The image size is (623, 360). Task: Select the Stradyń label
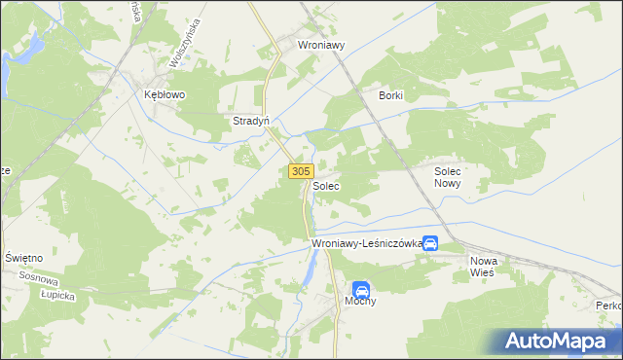250,122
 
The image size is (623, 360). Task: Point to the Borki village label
390,95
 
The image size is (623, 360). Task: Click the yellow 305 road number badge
300,171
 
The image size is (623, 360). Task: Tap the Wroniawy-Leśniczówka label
365,244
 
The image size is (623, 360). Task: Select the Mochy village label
359,301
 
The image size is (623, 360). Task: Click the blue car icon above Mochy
360,289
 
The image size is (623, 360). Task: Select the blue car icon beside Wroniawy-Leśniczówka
430,244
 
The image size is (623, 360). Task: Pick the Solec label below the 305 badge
326,185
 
